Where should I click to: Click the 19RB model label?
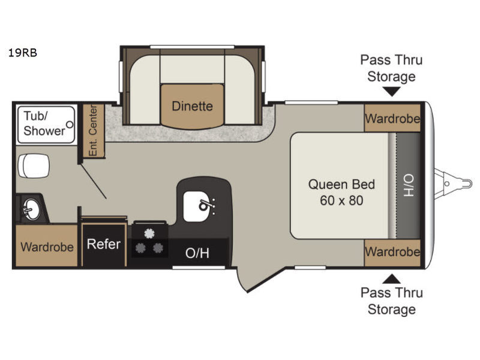pyautogui.click(x=23, y=53)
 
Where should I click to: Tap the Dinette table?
pyautogui.click(x=192, y=106)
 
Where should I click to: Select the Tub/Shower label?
pyautogui.click(x=44, y=124)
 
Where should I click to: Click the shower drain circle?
pyautogui.click(x=70, y=125)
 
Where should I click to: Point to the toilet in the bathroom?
pyautogui.click(x=34, y=166)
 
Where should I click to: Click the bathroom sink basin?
pyautogui.click(x=31, y=209)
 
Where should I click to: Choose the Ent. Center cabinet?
pyautogui.click(x=93, y=131)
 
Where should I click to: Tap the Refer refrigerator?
pyautogui.click(x=104, y=244)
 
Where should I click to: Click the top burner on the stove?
pyautogui.click(x=149, y=233)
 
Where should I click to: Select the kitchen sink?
pyautogui.click(x=199, y=206)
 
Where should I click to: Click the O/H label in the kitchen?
pyautogui.click(x=197, y=253)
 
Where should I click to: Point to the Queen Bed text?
pyautogui.click(x=341, y=185)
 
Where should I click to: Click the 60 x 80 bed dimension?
pyautogui.click(x=341, y=200)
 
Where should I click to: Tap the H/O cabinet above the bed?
pyautogui.click(x=408, y=185)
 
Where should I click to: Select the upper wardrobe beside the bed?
pyautogui.click(x=392, y=118)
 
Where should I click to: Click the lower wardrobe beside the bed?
pyautogui.click(x=392, y=253)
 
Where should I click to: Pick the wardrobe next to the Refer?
pyautogui.click(x=47, y=246)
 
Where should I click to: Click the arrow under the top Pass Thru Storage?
pyautogui.click(x=392, y=92)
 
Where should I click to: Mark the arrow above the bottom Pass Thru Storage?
pyautogui.click(x=392, y=278)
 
